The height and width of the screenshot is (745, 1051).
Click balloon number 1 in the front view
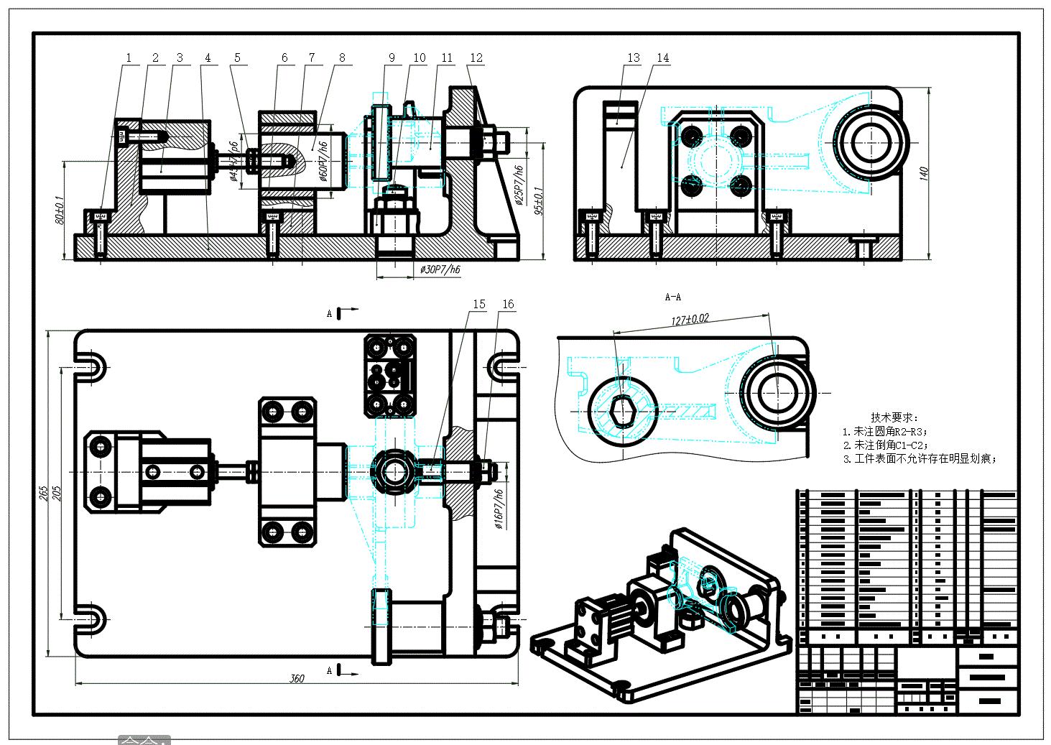pos(129,58)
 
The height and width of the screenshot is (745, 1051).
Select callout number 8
pos(342,58)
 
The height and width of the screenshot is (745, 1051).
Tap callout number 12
pos(476,58)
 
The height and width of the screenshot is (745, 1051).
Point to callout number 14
pos(662,58)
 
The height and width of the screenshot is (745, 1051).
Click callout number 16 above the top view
pos(508,305)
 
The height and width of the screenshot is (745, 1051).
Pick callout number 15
pos(479,305)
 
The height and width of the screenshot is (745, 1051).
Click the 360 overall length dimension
pos(297,678)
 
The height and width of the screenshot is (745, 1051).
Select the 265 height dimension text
pos(44,494)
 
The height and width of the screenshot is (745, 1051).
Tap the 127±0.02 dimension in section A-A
pos(690,319)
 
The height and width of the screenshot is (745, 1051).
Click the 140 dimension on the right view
pos(924,173)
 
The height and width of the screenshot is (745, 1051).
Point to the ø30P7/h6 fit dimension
pos(440,269)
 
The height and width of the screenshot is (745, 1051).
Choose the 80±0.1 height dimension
pos(60,210)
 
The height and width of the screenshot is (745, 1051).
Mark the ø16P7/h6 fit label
pos(499,509)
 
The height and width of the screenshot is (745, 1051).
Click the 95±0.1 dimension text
pos(539,201)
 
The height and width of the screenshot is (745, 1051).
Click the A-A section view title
pos(673,297)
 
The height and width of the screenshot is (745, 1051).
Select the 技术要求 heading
pos(894,417)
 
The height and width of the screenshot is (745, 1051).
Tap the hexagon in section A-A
pos(622,412)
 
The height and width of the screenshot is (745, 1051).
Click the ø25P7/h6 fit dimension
pos(519,185)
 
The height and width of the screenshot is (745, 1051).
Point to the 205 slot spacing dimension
pos(57,494)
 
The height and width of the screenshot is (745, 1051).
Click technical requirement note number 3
pos(920,459)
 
